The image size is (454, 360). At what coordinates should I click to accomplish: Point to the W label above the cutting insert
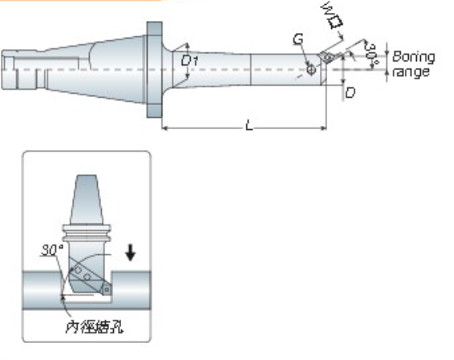point(326,10)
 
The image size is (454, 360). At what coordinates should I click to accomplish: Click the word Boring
point(413,57)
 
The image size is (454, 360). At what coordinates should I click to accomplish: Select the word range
point(411,72)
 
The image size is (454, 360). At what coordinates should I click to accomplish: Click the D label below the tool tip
point(350,93)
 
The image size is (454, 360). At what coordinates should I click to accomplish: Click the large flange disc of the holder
point(153,69)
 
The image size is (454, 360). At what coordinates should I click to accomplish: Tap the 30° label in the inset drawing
point(52,250)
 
